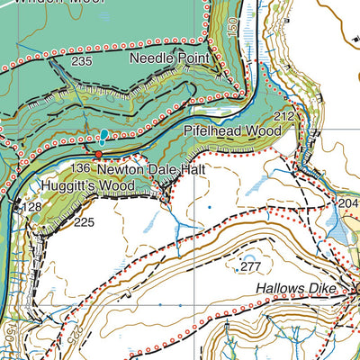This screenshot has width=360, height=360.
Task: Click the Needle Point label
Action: coord(169,58)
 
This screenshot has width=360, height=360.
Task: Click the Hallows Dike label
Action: coord(296,288)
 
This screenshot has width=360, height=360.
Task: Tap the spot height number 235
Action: coord(82,61)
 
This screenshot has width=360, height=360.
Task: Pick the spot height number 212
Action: coord(284,116)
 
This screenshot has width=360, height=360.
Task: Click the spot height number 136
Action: coord(80,168)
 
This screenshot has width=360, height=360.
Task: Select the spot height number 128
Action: coord(32,208)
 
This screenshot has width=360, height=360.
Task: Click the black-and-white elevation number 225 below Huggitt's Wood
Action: coord(84,222)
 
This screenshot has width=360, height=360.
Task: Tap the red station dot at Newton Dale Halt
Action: coord(99,155)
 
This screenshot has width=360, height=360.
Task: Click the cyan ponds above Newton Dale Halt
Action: coord(104,137)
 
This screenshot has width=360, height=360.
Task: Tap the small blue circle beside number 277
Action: coord(237,268)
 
